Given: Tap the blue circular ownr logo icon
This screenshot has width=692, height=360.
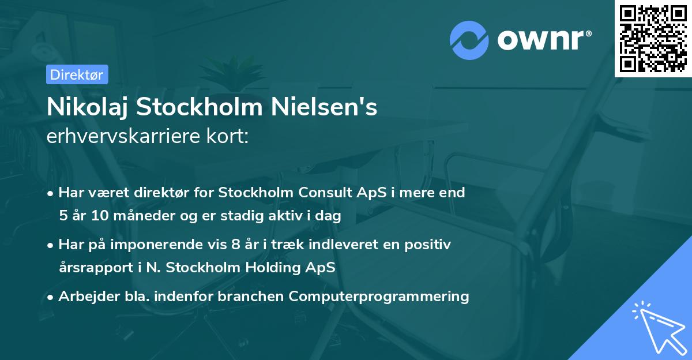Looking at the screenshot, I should [470, 40].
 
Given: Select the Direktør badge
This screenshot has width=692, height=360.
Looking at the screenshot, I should [77, 74].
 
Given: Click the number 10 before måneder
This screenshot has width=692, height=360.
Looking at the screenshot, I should [97, 216].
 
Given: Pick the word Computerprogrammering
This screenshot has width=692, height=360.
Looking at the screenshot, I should [379, 296].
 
